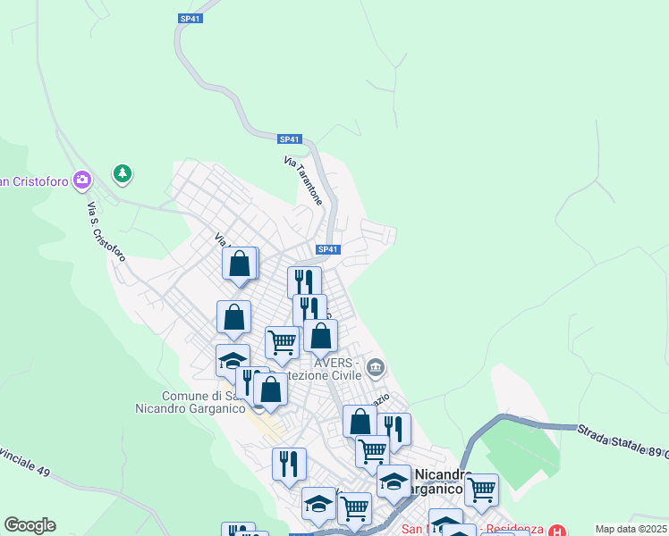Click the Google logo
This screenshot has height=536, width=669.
(30, 525)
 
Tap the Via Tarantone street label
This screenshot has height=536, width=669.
(302, 180)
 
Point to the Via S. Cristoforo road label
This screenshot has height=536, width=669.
(106, 231)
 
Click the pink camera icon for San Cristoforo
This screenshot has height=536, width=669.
(83, 180)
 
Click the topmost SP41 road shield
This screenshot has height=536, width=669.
(190, 18)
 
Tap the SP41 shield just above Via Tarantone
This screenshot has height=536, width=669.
(290, 139)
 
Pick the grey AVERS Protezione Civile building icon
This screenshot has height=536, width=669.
(376, 367)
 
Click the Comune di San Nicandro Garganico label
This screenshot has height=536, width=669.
(204, 402)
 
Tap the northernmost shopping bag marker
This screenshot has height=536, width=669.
(240, 264)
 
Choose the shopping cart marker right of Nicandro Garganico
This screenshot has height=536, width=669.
(481, 489)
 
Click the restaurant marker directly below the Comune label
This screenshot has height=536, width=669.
(289, 463)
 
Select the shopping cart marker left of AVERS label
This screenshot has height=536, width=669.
(282, 341)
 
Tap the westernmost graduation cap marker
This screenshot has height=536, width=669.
(233, 360)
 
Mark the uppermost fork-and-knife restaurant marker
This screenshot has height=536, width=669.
(304, 281)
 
